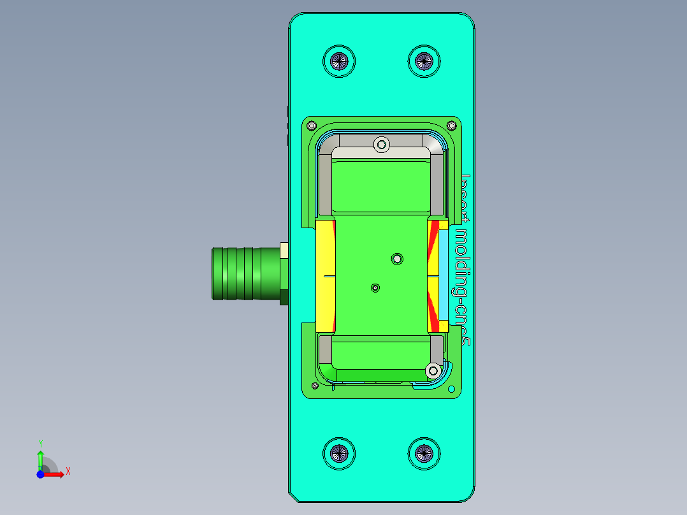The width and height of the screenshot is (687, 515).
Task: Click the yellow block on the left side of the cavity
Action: click(x=326, y=275)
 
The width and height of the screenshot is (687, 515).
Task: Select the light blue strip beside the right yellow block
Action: click(x=444, y=275)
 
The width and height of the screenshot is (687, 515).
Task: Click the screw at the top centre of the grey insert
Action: click(x=382, y=145)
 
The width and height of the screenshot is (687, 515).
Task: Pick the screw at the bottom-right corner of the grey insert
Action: click(x=433, y=370)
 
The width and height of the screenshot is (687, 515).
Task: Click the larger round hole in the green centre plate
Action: click(x=397, y=258)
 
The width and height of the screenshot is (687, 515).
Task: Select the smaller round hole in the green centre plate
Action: click(x=375, y=288)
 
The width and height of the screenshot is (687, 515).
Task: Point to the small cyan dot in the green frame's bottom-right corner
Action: click(x=451, y=389)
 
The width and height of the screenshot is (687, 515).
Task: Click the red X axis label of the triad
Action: click(x=68, y=472)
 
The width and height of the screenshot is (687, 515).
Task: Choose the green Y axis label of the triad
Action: click(x=40, y=442)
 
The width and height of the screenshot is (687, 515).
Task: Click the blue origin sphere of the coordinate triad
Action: click(x=40, y=474)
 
